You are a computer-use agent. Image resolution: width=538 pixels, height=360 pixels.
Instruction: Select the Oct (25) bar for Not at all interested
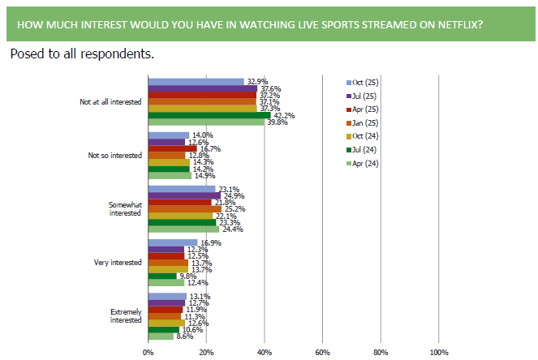click(196, 81)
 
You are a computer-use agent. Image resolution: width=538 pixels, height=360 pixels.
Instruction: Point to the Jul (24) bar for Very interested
click(161, 276)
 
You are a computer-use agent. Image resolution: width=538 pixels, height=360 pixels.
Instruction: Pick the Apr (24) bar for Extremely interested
click(160, 335)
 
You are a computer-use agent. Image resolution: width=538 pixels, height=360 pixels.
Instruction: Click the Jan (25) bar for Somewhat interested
click(184, 209)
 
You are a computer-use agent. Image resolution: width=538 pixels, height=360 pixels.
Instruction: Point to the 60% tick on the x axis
click(322, 352)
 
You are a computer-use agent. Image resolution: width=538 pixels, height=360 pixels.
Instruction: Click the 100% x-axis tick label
click(438, 352)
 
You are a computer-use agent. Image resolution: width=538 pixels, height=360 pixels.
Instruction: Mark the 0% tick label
click(148, 352)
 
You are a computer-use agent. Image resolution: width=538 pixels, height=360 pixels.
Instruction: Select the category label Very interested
click(118, 262)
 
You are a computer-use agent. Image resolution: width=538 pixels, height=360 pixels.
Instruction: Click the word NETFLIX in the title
click(452, 24)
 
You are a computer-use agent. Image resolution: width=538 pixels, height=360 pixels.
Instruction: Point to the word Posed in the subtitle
click(27, 54)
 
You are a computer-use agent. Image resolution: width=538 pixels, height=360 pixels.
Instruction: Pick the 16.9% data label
click(210, 242)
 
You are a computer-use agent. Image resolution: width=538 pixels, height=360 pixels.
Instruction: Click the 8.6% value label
click(185, 335)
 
